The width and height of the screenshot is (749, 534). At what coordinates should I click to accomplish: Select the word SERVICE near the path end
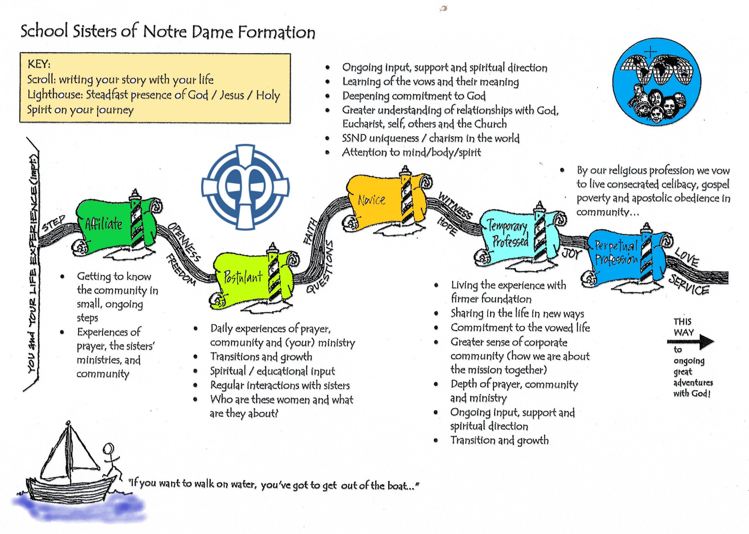(689, 285)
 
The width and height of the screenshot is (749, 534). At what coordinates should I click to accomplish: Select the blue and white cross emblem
(245, 187)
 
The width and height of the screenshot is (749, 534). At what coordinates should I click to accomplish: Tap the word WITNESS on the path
(456, 206)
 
